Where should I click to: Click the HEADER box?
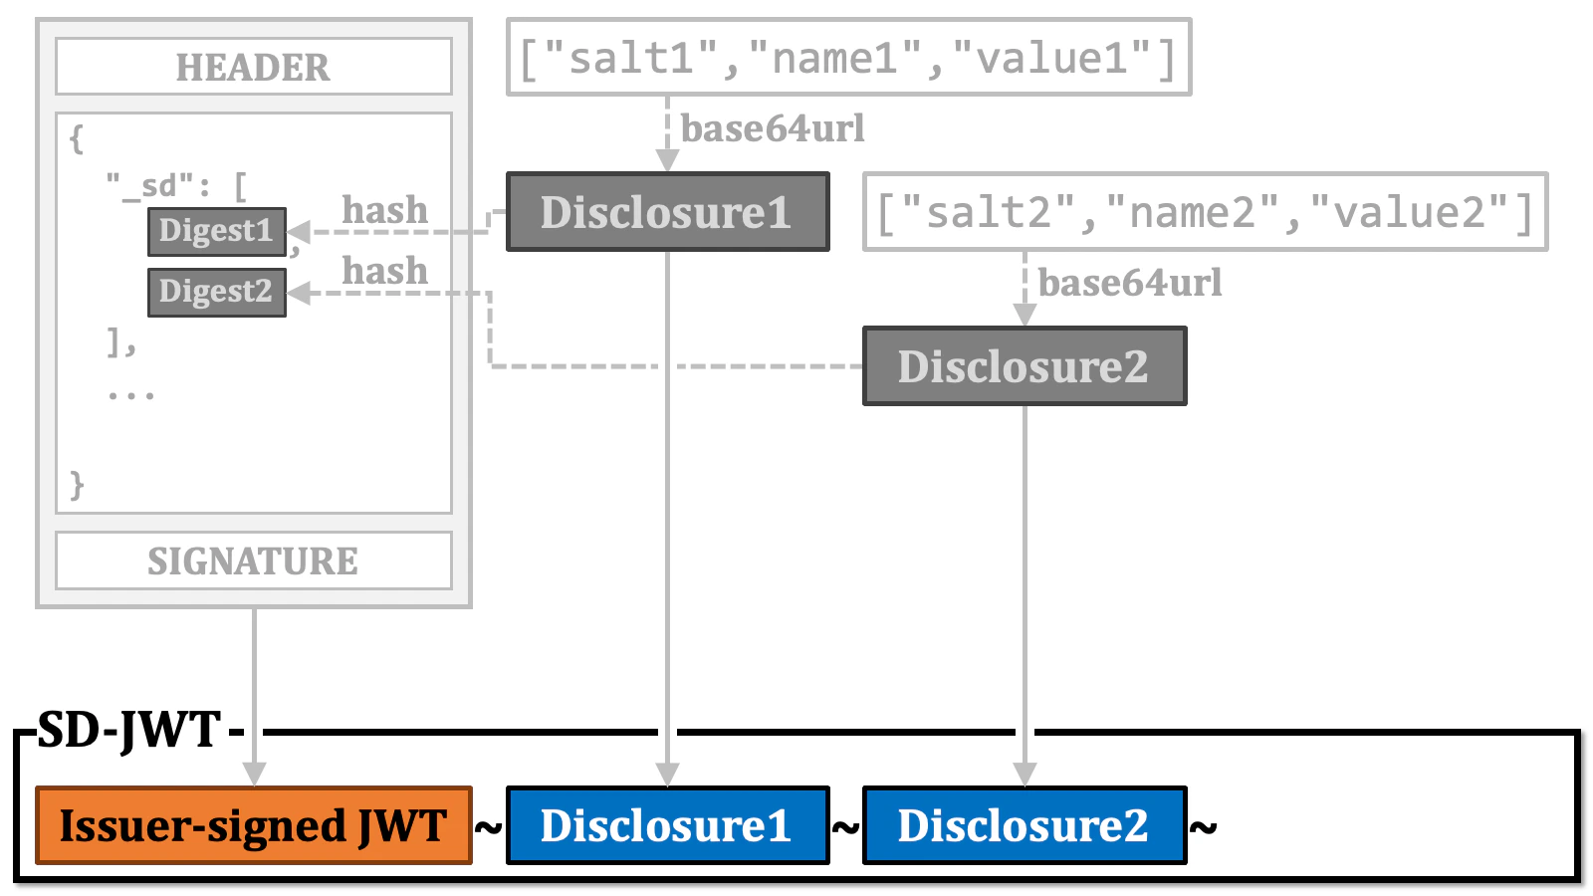(x=253, y=67)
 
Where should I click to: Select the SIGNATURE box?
(x=253, y=560)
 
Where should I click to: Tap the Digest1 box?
(x=216, y=231)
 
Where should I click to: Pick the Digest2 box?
(x=216, y=292)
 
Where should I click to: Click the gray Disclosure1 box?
(x=667, y=212)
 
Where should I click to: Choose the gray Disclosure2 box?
(x=1024, y=366)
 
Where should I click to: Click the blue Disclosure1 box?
(x=667, y=825)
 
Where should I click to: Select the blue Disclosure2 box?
(x=1024, y=825)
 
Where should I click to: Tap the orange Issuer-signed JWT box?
(x=253, y=825)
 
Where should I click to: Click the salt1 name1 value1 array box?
(x=848, y=58)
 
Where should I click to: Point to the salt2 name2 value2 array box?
(x=1205, y=212)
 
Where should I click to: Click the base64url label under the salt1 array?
(x=773, y=129)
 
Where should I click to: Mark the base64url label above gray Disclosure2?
(x=1130, y=284)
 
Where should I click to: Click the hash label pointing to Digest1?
(x=384, y=210)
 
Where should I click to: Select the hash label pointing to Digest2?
(x=384, y=271)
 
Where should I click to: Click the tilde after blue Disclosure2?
(x=1204, y=826)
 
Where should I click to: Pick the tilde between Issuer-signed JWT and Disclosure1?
(x=488, y=826)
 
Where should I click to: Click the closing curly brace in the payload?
(x=77, y=485)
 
